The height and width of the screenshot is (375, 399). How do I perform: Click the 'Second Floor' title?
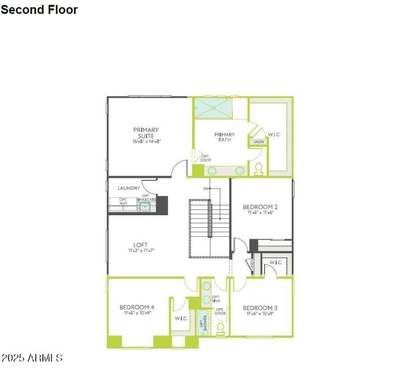point(39,9)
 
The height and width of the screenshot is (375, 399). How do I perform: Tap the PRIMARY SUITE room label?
point(146,133)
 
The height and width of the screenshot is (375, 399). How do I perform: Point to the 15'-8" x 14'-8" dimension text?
point(147,142)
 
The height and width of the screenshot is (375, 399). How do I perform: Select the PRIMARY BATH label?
point(224,137)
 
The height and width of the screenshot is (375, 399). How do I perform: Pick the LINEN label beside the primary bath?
point(258,142)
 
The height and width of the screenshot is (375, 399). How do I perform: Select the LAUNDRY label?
point(129,188)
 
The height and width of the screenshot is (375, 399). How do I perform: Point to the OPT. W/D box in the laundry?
point(123,202)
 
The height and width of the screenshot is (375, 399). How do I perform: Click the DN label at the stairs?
point(205,189)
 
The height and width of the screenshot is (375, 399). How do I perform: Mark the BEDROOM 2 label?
point(260,207)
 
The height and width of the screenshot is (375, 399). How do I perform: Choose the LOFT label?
point(141,245)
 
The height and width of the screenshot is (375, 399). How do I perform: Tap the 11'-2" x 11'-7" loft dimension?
point(141,250)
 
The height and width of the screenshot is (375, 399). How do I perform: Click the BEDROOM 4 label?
point(137,307)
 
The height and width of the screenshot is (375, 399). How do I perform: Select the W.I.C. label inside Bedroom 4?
point(181,318)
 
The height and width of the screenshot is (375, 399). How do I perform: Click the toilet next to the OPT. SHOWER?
point(220,328)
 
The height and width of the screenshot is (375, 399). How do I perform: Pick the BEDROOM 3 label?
point(260,308)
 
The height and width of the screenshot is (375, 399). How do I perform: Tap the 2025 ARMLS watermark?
point(32,358)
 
